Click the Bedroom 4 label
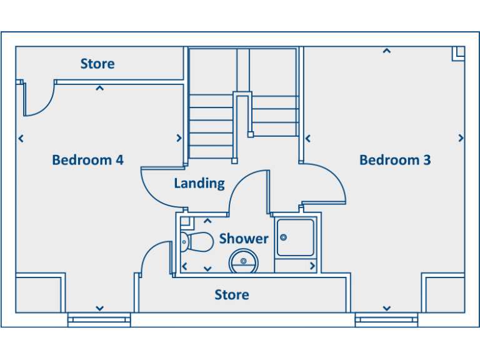tap(87, 160)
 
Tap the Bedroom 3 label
tap(395, 160)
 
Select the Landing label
tap(199, 183)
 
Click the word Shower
tap(243, 239)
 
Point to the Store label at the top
tap(97, 64)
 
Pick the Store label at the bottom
tap(232, 294)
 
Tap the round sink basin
tap(244, 261)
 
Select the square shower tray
tap(296, 237)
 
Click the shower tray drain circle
tap(283, 237)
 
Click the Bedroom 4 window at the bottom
tap(99, 319)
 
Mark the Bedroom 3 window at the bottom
tap(386, 319)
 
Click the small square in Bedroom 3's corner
tap(458, 53)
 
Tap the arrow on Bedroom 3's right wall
tap(461, 138)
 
